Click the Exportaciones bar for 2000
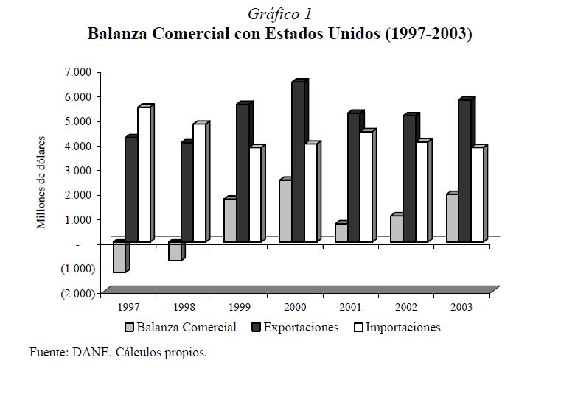[297, 162]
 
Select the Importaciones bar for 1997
[143, 175]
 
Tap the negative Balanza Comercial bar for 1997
[119, 258]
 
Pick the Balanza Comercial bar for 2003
[452, 219]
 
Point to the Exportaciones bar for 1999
[242, 174]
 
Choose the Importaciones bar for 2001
[365, 187]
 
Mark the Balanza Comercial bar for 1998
[174, 252]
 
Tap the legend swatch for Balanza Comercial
[129, 328]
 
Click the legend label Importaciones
[403, 328]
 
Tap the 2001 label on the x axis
[351, 306]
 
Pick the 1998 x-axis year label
[184, 306]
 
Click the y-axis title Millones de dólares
[42, 182]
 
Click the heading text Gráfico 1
[279, 14]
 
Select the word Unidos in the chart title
[351, 34]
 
